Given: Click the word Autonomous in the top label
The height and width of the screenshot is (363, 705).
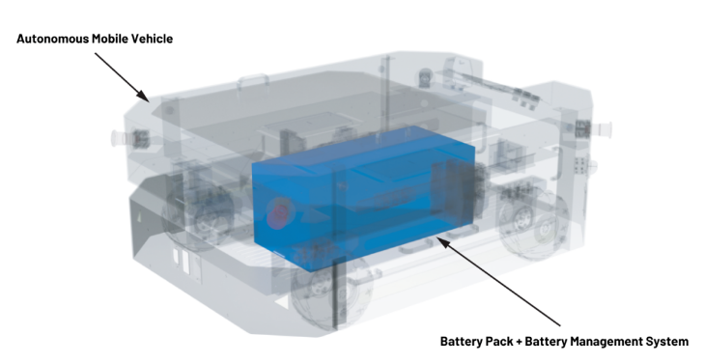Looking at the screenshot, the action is pyautogui.click(x=52, y=39).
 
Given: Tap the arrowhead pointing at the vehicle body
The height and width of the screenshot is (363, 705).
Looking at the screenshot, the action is pyautogui.click(x=144, y=96).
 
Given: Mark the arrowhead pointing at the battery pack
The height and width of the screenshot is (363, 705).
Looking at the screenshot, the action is pyautogui.click(x=443, y=242).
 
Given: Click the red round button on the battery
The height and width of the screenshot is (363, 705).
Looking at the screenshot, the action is pyautogui.click(x=279, y=213).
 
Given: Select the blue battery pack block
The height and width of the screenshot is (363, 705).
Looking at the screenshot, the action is pyautogui.click(x=364, y=198).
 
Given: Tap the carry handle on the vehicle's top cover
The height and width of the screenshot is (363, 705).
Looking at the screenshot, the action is pyautogui.click(x=253, y=83).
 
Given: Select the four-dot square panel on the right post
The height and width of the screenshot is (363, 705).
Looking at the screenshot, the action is pyautogui.click(x=580, y=164).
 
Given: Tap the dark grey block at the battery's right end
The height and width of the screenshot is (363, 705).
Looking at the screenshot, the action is pyautogui.click(x=454, y=188).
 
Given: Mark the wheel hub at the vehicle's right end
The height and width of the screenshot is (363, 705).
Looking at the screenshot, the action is pyautogui.click(x=523, y=221).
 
